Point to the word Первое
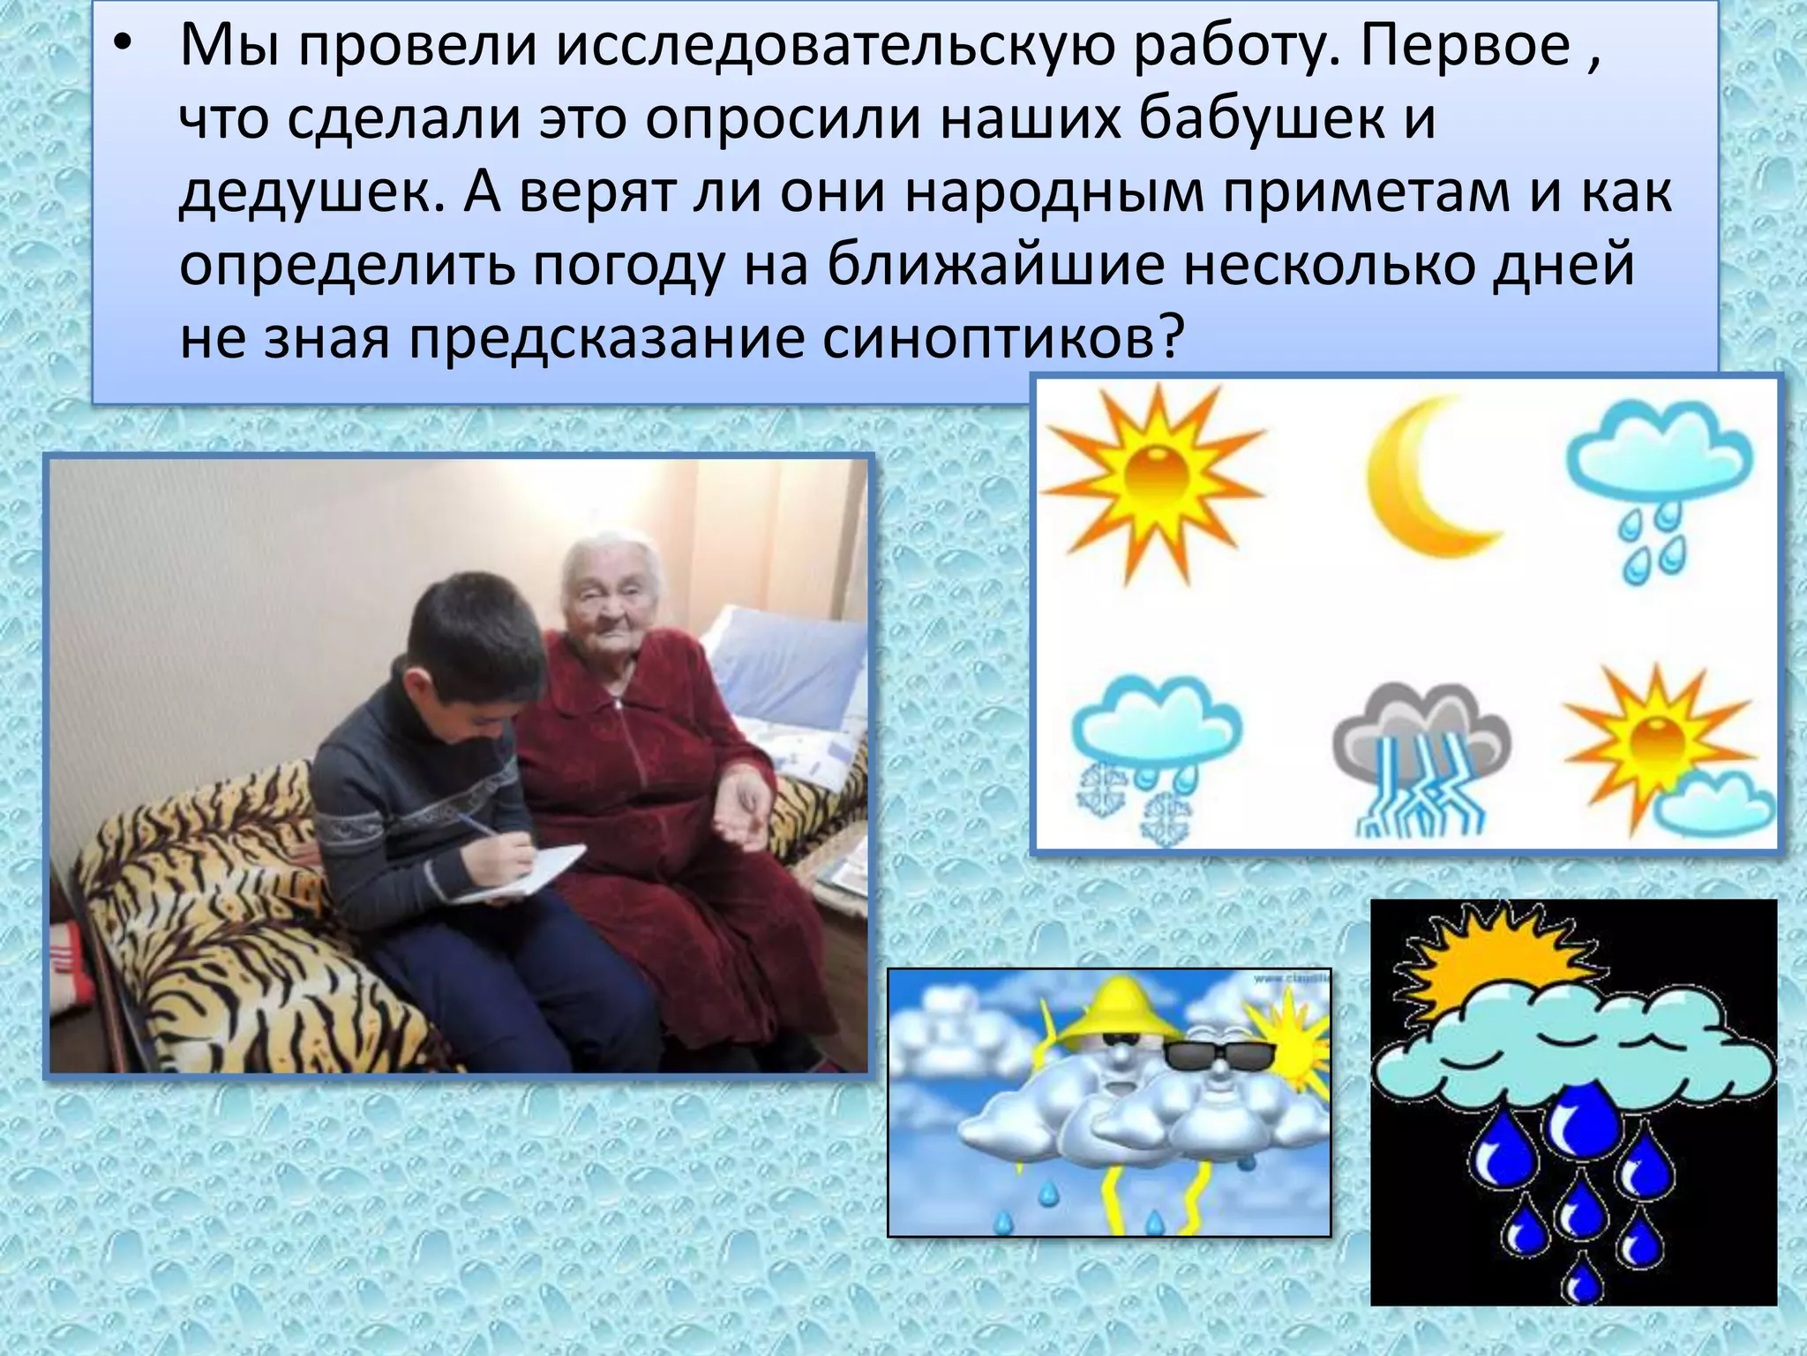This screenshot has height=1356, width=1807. pos(1466,46)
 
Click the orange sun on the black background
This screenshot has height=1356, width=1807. pos(1491,962)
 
